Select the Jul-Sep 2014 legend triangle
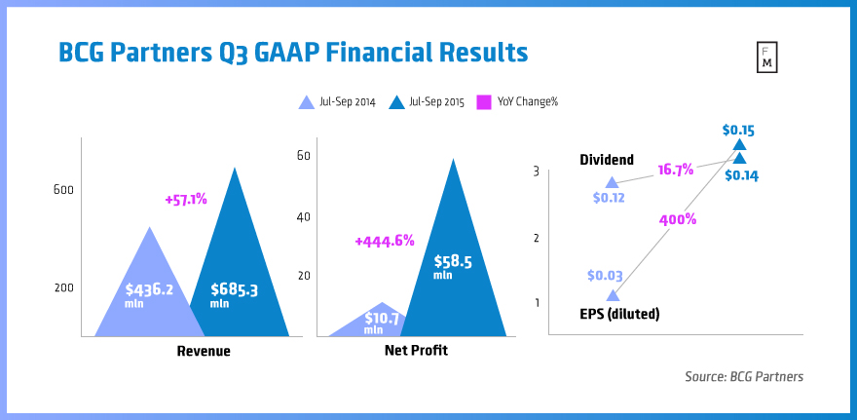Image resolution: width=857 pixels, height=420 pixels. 304,100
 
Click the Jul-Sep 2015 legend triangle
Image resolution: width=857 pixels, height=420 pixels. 396,100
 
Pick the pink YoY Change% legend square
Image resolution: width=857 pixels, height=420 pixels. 481,100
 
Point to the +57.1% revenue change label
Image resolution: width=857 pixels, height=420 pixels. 186,199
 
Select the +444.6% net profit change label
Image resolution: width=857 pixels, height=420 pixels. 385,240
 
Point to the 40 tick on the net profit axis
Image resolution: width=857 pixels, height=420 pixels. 303,216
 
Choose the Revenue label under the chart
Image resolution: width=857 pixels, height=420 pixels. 204,351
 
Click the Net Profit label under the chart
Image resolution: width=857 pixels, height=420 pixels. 417,350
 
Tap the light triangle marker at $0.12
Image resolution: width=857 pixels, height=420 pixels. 612,182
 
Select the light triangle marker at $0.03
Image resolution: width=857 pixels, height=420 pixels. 613,295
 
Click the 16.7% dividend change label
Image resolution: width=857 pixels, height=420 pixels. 675,169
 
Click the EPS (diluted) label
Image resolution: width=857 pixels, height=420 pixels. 619,314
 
